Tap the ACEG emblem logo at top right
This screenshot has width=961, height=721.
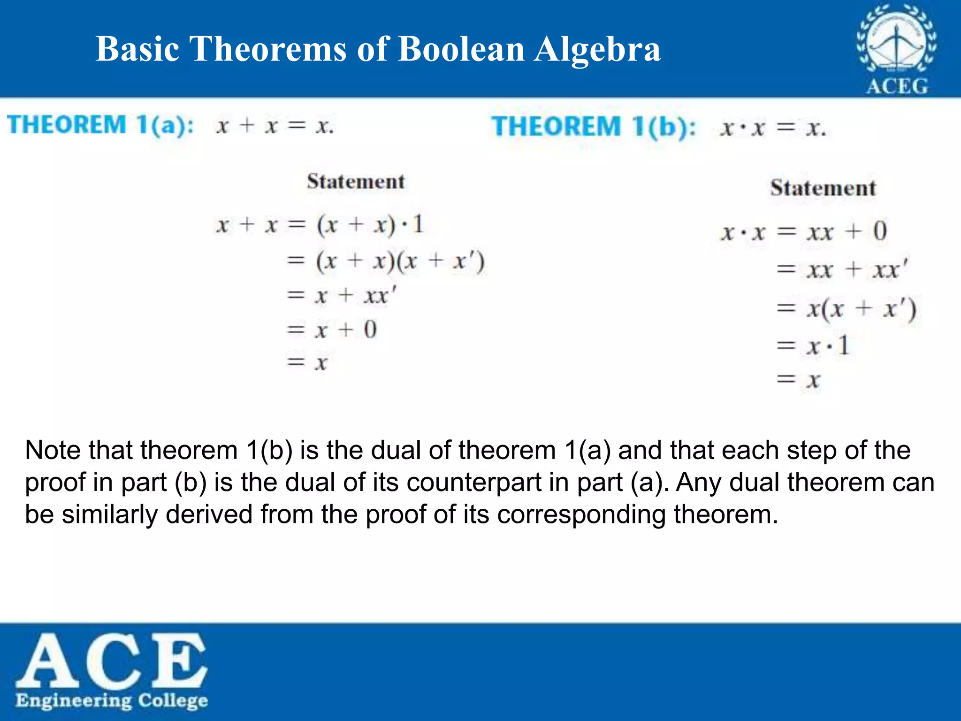(896, 49)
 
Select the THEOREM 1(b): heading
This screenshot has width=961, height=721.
(594, 127)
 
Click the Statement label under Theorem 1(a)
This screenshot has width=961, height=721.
(356, 182)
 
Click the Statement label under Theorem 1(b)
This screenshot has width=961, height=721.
(823, 188)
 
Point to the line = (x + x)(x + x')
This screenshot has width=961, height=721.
(386, 261)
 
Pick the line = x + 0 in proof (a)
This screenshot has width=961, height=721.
(332, 329)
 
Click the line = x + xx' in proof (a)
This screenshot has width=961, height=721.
(342, 296)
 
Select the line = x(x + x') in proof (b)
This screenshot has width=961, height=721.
(846, 309)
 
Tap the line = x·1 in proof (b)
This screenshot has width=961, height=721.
(813, 346)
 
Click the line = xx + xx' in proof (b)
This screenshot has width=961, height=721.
(843, 270)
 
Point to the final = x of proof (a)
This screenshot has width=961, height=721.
(307, 362)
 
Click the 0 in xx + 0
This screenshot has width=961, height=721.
(880, 231)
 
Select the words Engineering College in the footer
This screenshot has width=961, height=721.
(112, 701)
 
